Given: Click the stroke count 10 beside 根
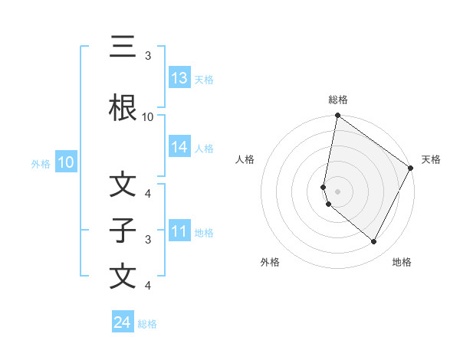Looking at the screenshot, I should coord(148,117).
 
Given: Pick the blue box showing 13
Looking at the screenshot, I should coord(179,78).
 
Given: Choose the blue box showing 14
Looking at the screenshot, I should coord(179,147).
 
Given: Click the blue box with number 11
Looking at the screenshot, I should coord(179,231).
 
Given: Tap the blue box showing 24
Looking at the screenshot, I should coord(123,322).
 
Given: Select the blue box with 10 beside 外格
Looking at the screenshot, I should coord(65,162).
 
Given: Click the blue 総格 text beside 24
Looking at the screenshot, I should coord(147,324).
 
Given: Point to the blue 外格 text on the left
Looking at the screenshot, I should coord(40,164).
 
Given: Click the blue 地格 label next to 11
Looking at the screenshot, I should coord(204,233).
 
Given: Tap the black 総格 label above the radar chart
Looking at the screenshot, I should coord(338,100).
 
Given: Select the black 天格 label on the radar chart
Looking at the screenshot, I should coord(432,159).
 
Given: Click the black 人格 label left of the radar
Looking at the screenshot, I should coord(245,159).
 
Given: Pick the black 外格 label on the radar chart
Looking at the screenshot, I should coord(270,262).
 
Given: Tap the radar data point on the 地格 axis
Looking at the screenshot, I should coord(374,242).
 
